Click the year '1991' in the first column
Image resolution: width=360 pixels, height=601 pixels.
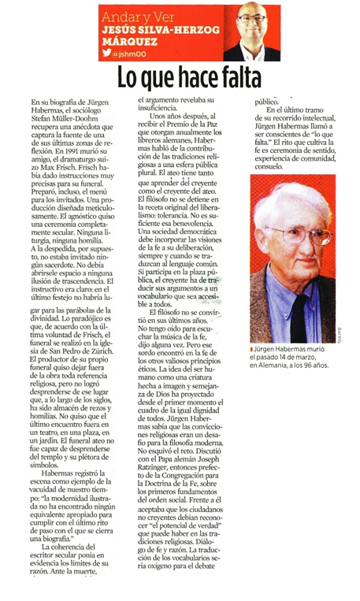pos(76,146)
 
